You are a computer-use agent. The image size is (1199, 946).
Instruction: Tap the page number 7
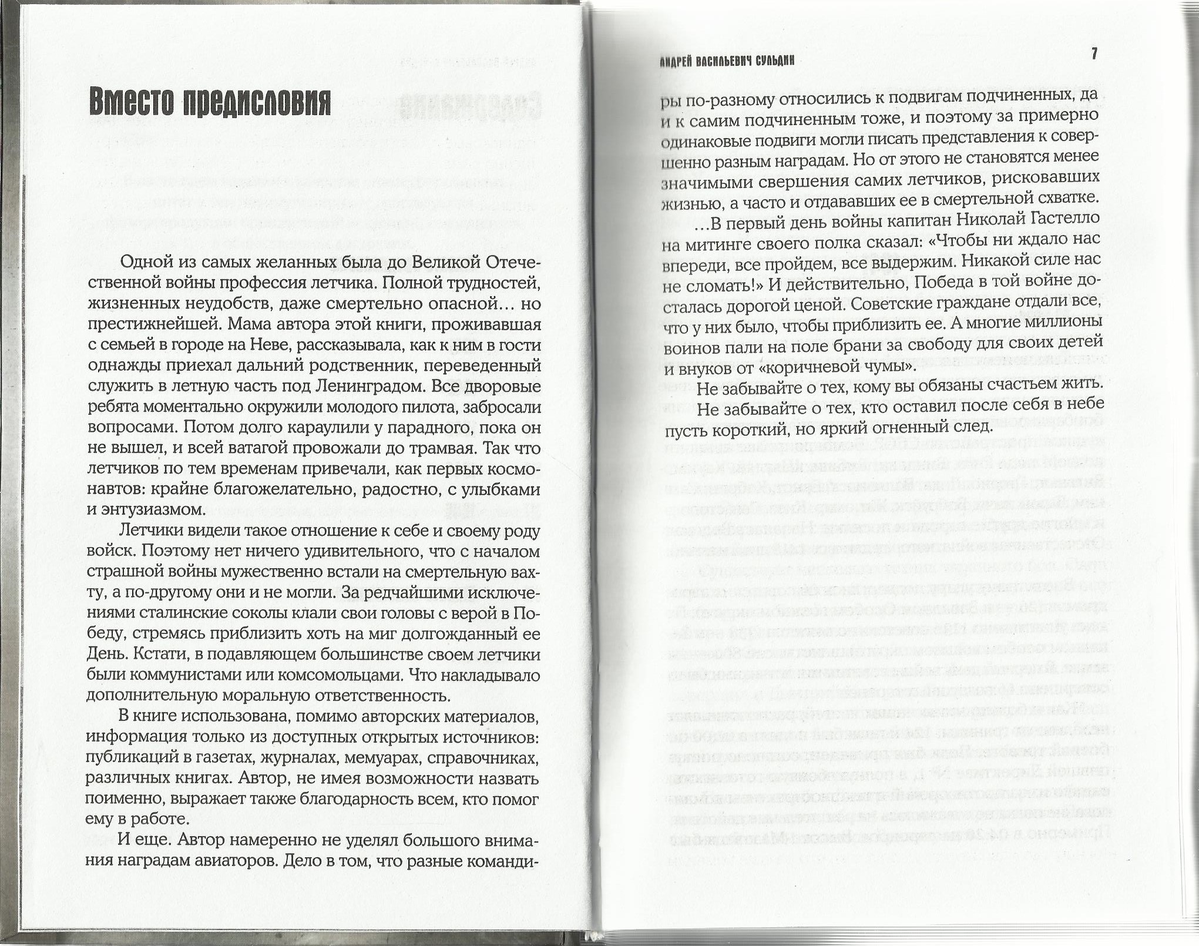click(1094, 54)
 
